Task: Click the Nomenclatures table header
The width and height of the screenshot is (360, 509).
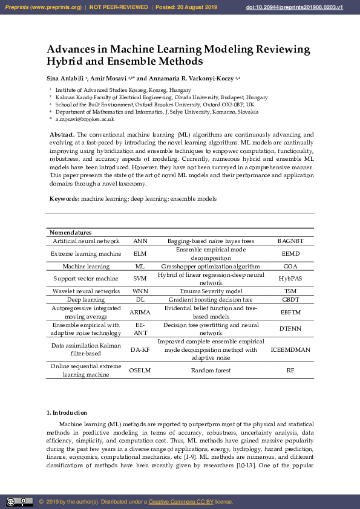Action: point(70,233)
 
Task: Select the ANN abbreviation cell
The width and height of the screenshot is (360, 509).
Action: point(140,241)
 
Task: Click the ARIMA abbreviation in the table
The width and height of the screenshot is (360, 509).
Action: point(140,313)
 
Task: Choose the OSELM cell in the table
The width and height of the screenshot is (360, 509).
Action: point(140,370)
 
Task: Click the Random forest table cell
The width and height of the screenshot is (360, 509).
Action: point(211,370)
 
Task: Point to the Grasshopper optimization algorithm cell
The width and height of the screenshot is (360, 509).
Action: point(211,266)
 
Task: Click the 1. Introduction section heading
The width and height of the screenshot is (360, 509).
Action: point(67,412)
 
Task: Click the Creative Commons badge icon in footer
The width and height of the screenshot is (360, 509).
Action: point(19,501)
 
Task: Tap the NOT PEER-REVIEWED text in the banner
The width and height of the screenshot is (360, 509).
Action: point(119,7)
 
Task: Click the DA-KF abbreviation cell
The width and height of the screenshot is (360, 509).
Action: point(140,349)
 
